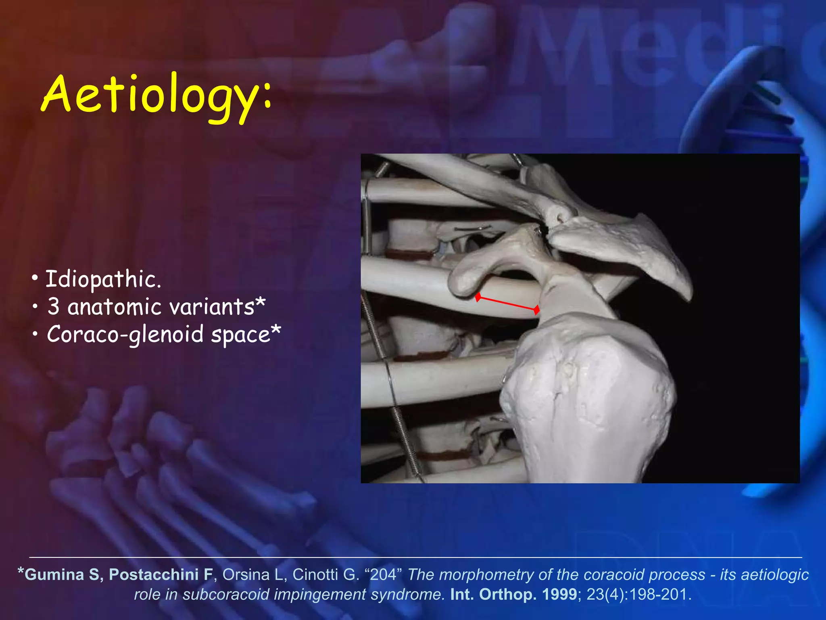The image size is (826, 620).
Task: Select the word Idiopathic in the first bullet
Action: (x=103, y=279)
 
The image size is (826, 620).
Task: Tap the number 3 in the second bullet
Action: (x=53, y=307)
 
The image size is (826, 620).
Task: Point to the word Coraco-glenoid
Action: (x=125, y=335)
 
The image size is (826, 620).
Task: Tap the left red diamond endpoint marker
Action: (x=478, y=297)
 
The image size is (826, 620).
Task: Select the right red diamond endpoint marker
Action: (x=536, y=310)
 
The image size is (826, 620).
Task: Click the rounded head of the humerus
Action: (x=585, y=375)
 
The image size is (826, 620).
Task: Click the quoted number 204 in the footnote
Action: (x=383, y=574)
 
